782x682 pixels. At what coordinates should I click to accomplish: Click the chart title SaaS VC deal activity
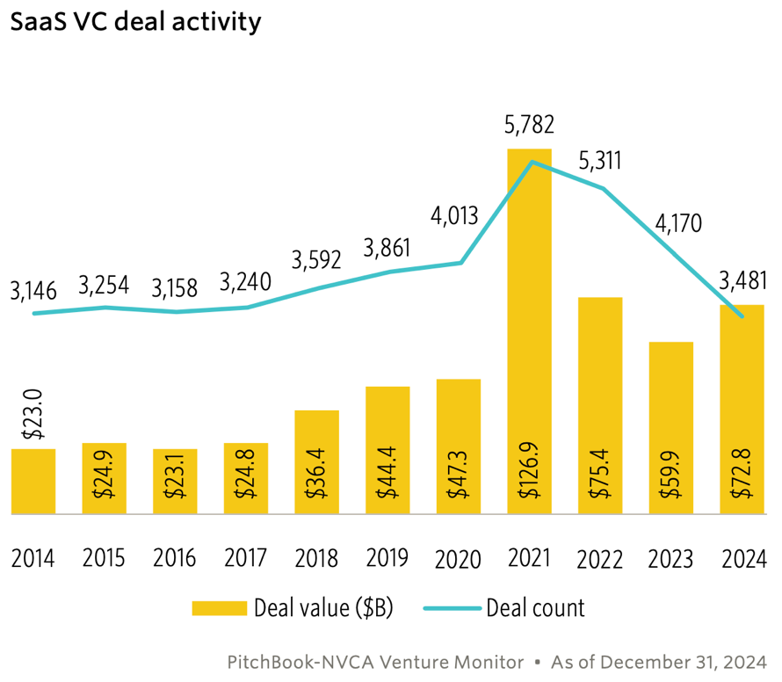click(135, 22)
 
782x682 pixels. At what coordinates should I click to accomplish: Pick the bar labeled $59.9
click(670, 426)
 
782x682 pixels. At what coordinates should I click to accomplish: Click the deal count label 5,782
click(528, 125)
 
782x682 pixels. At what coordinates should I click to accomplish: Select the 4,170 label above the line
click(677, 223)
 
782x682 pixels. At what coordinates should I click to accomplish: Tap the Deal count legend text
click(535, 607)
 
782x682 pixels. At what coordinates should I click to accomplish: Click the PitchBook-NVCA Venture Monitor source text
click(375, 661)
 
